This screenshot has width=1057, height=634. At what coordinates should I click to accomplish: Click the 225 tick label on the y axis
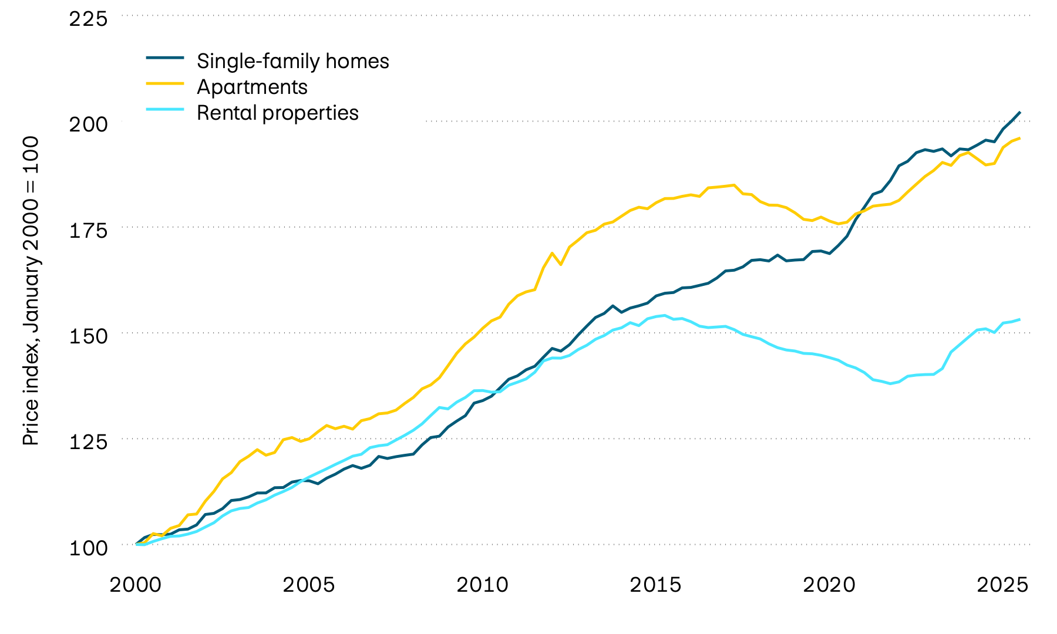(x=89, y=19)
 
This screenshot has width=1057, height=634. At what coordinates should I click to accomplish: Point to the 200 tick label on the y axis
(x=89, y=124)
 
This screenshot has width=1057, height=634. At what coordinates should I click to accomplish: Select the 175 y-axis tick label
(x=89, y=230)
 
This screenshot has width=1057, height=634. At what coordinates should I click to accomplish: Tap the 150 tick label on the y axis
(x=89, y=336)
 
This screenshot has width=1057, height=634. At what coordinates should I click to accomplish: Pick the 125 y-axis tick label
(x=89, y=441)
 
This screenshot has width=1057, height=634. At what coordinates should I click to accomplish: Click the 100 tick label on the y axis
(x=89, y=548)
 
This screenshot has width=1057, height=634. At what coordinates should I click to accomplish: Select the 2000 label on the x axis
(x=136, y=585)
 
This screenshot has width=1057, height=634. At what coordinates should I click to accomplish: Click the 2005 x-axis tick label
(x=309, y=585)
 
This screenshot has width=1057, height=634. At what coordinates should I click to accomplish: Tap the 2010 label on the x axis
(x=482, y=585)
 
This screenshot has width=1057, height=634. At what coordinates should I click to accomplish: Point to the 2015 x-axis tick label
(x=655, y=585)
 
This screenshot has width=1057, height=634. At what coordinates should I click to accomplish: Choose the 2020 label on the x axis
(x=829, y=585)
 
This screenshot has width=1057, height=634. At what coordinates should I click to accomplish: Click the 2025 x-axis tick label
(x=1002, y=585)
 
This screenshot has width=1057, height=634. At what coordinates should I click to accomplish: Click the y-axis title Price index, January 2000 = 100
(x=31, y=291)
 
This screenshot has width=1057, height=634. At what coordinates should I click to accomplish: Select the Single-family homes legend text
(x=292, y=61)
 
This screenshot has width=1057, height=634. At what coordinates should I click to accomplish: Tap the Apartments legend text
(x=252, y=87)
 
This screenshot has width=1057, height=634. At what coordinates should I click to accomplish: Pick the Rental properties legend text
(x=277, y=113)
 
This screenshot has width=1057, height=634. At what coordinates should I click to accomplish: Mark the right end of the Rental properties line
(x=1020, y=319)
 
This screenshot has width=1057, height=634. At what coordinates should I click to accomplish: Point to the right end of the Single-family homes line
(x=1020, y=112)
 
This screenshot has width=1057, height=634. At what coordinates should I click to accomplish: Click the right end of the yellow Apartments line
(x=1020, y=138)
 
